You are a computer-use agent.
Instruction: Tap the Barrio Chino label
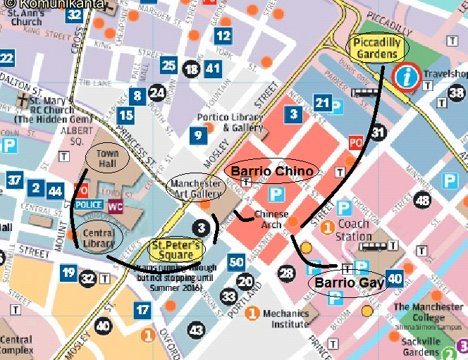click(x=272, y=171)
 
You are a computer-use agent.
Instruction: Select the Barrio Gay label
click(x=350, y=283)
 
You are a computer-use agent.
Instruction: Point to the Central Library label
click(x=99, y=238)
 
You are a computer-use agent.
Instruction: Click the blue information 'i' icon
click(x=407, y=77)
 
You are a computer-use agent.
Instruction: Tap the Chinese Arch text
click(x=271, y=218)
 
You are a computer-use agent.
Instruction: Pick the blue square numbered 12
click(x=223, y=36)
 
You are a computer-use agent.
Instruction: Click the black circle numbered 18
click(x=191, y=69)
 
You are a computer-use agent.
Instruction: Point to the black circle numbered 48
click(x=423, y=201)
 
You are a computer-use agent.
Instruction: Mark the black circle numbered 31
click(x=378, y=132)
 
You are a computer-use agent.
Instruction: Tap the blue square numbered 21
click(x=322, y=104)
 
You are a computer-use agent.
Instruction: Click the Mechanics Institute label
click(x=285, y=318)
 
